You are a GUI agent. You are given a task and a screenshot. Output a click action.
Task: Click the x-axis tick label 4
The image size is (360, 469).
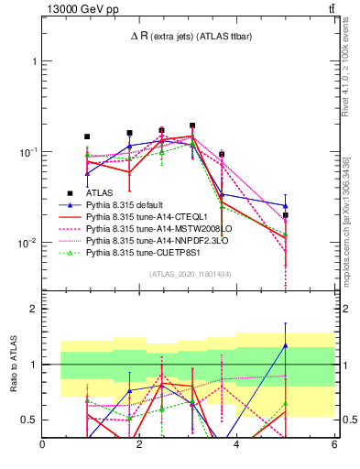pos(236,446)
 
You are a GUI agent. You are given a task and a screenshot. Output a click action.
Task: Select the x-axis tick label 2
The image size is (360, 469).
pos(139,446)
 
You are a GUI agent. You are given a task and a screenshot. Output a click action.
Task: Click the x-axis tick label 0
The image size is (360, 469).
pos(42,446)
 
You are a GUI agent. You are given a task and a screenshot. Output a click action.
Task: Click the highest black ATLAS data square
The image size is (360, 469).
pos(192,125)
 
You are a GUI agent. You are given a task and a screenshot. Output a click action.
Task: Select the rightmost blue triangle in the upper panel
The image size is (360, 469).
pos(286,206)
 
